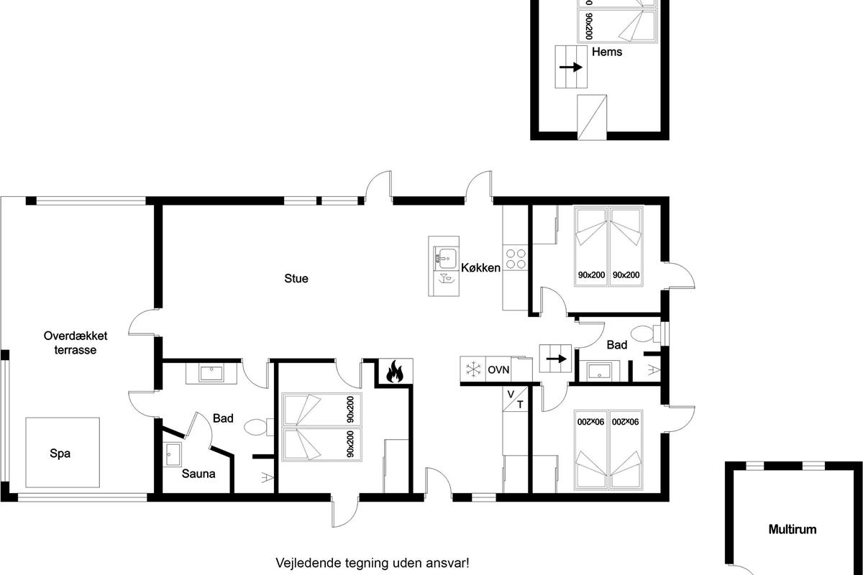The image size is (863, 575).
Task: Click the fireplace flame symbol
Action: (x=394, y=372)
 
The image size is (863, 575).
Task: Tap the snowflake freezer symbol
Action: (x=473, y=369)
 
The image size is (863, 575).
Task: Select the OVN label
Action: (x=498, y=369)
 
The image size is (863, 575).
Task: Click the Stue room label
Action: (x=296, y=278)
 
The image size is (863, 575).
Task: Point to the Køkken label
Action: (x=481, y=267)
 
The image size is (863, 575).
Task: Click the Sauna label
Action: (x=198, y=474)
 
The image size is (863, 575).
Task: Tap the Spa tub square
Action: (x=63, y=453)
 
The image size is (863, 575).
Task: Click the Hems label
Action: (x=607, y=52)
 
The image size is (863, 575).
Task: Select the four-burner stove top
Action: (x=516, y=259)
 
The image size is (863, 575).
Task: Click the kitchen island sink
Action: (x=447, y=258)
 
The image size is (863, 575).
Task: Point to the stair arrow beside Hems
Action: (x=570, y=68)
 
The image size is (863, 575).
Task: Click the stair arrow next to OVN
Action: (x=557, y=359)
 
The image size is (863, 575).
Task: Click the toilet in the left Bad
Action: (x=258, y=427)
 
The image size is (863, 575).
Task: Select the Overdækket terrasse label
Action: (x=76, y=343)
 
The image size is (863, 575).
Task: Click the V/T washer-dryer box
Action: (x=515, y=399)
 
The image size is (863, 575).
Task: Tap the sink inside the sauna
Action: (x=172, y=454)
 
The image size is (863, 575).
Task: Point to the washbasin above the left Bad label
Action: (x=211, y=373)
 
